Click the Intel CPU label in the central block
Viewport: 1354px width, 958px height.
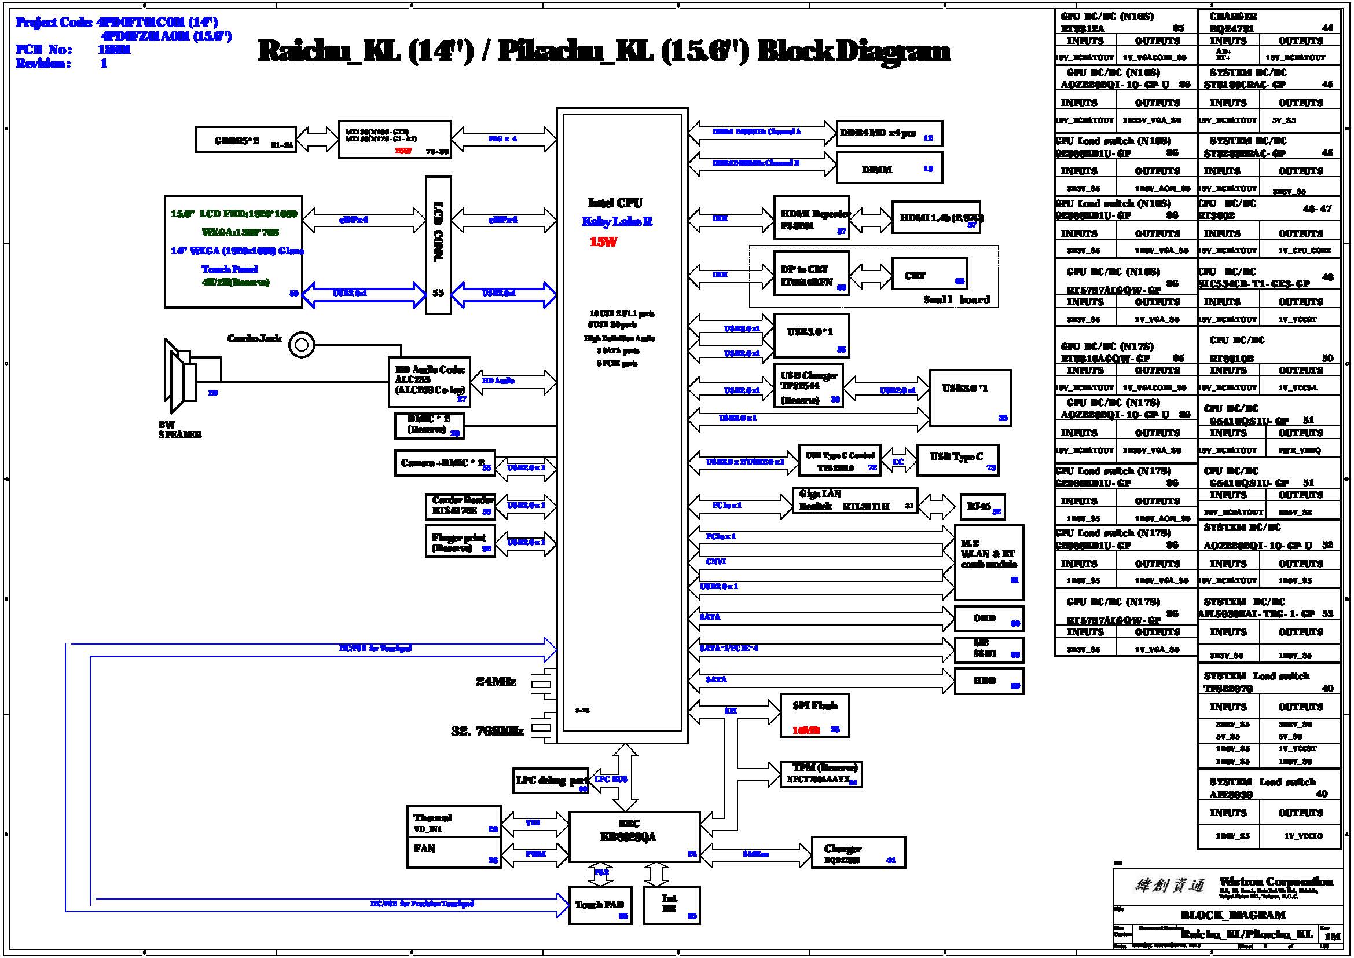click(x=615, y=203)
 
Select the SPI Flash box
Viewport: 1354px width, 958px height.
click(x=814, y=715)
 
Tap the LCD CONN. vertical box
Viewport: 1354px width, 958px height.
click(x=438, y=245)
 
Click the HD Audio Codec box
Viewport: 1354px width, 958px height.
click(x=430, y=382)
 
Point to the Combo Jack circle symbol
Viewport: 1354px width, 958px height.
click(x=302, y=345)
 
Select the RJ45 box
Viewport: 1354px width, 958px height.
click(x=982, y=507)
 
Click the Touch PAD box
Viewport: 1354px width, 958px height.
click(x=600, y=905)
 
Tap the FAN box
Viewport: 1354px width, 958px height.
click(x=453, y=853)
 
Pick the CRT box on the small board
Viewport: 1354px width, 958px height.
click(x=929, y=274)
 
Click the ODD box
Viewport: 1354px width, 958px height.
click(x=988, y=619)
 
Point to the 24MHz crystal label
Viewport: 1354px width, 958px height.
click(x=496, y=682)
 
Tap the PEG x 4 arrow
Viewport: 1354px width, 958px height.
click(x=504, y=139)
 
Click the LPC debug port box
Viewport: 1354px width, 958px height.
click(x=551, y=780)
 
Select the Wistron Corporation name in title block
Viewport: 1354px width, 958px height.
click(x=1276, y=882)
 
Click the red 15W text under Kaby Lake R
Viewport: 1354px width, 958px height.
click(x=603, y=242)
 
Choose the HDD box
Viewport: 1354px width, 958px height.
click(x=988, y=681)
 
